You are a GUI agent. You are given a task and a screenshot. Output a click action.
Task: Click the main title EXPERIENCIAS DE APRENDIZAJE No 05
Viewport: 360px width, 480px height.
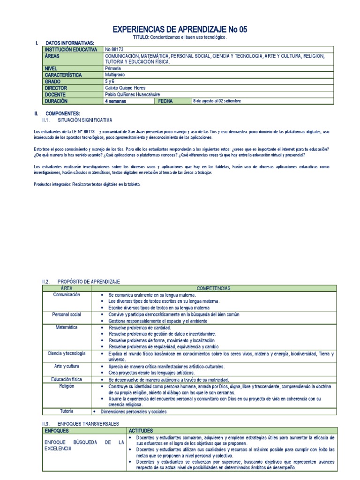(x=180, y=30)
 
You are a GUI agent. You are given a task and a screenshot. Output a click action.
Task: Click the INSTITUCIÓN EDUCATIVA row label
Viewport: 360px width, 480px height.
(x=71, y=49)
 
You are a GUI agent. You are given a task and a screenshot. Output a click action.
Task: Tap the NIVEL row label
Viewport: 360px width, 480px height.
(x=51, y=68)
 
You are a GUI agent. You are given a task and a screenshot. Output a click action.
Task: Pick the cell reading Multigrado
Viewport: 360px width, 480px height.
(x=115, y=75)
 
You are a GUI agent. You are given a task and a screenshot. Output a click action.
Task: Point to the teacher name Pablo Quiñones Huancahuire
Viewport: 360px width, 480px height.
(x=136, y=94)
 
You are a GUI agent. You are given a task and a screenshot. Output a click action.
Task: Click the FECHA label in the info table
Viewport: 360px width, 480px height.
(x=165, y=101)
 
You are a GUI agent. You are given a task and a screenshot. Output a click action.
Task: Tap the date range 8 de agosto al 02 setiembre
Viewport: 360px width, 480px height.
(x=217, y=101)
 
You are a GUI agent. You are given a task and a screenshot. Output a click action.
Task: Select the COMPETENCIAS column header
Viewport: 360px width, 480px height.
(x=213, y=288)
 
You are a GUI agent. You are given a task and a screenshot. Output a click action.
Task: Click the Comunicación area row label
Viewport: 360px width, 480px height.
(x=67, y=294)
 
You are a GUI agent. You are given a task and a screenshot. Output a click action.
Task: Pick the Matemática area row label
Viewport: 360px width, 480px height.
(x=67, y=327)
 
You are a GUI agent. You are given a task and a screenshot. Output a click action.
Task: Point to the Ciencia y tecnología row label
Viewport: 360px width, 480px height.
(x=67, y=353)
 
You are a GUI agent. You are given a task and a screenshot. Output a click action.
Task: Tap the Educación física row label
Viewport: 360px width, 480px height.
(x=67, y=379)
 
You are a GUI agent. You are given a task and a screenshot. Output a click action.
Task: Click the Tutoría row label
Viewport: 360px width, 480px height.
(x=67, y=411)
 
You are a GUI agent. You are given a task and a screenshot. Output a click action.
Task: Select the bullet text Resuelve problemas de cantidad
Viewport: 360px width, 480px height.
(x=135, y=327)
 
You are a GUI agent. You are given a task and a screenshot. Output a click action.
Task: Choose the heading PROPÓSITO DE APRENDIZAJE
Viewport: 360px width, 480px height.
(x=88, y=281)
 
